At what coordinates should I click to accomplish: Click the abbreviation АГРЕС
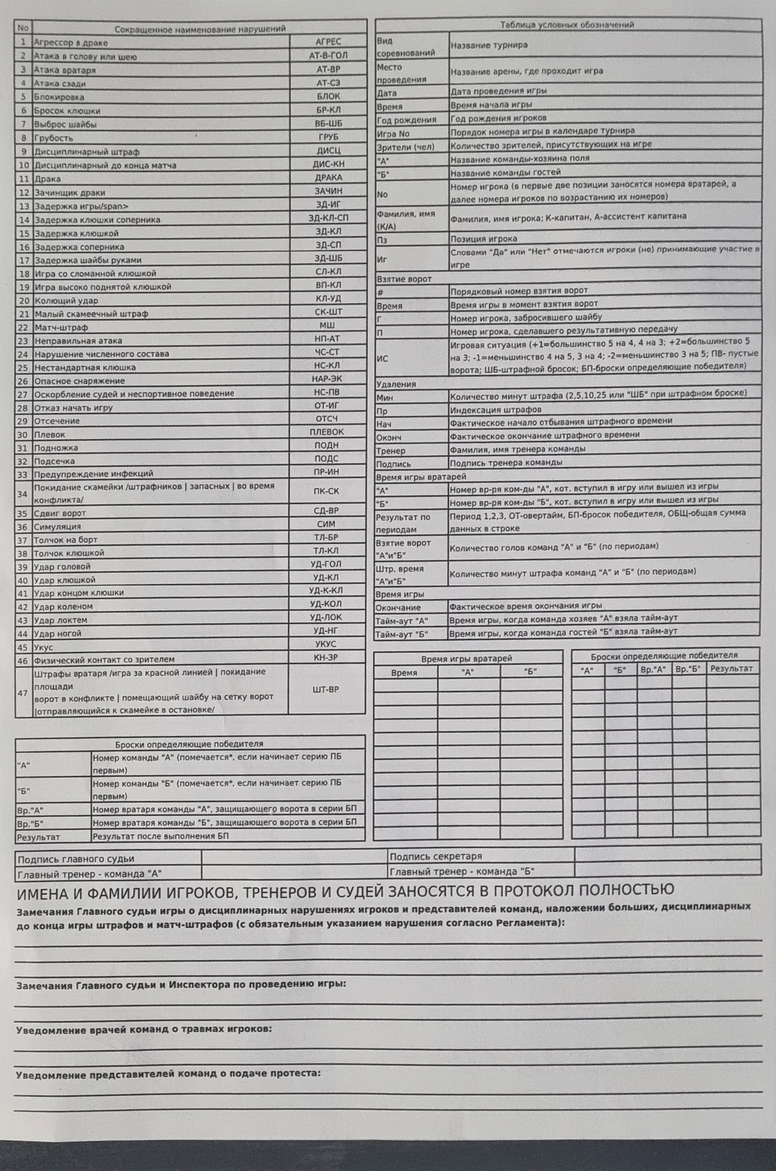tap(328, 42)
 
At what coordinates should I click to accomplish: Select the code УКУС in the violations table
tap(326, 644)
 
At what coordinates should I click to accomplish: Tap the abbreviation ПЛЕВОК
tap(327, 432)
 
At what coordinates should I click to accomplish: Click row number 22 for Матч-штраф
tap(23, 328)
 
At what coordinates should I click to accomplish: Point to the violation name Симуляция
tap(57, 526)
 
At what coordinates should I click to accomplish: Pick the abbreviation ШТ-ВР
tap(326, 689)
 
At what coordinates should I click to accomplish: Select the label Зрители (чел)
tap(405, 147)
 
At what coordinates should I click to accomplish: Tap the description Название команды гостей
tap(505, 172)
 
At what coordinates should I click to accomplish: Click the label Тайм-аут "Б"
tap(401, 634)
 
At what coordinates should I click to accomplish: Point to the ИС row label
tap(383, 358)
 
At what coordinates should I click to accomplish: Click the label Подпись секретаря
tap(436, 856)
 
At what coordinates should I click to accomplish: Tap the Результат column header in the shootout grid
tap(732, 668)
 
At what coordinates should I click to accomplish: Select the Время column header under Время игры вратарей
tap(404, 673)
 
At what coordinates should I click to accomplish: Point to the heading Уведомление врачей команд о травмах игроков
tap(144, 1030)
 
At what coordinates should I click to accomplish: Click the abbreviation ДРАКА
tap(328, 177)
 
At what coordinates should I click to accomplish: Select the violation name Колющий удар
tap(66, 300)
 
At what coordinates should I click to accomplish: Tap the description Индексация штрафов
tap(496, 410)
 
